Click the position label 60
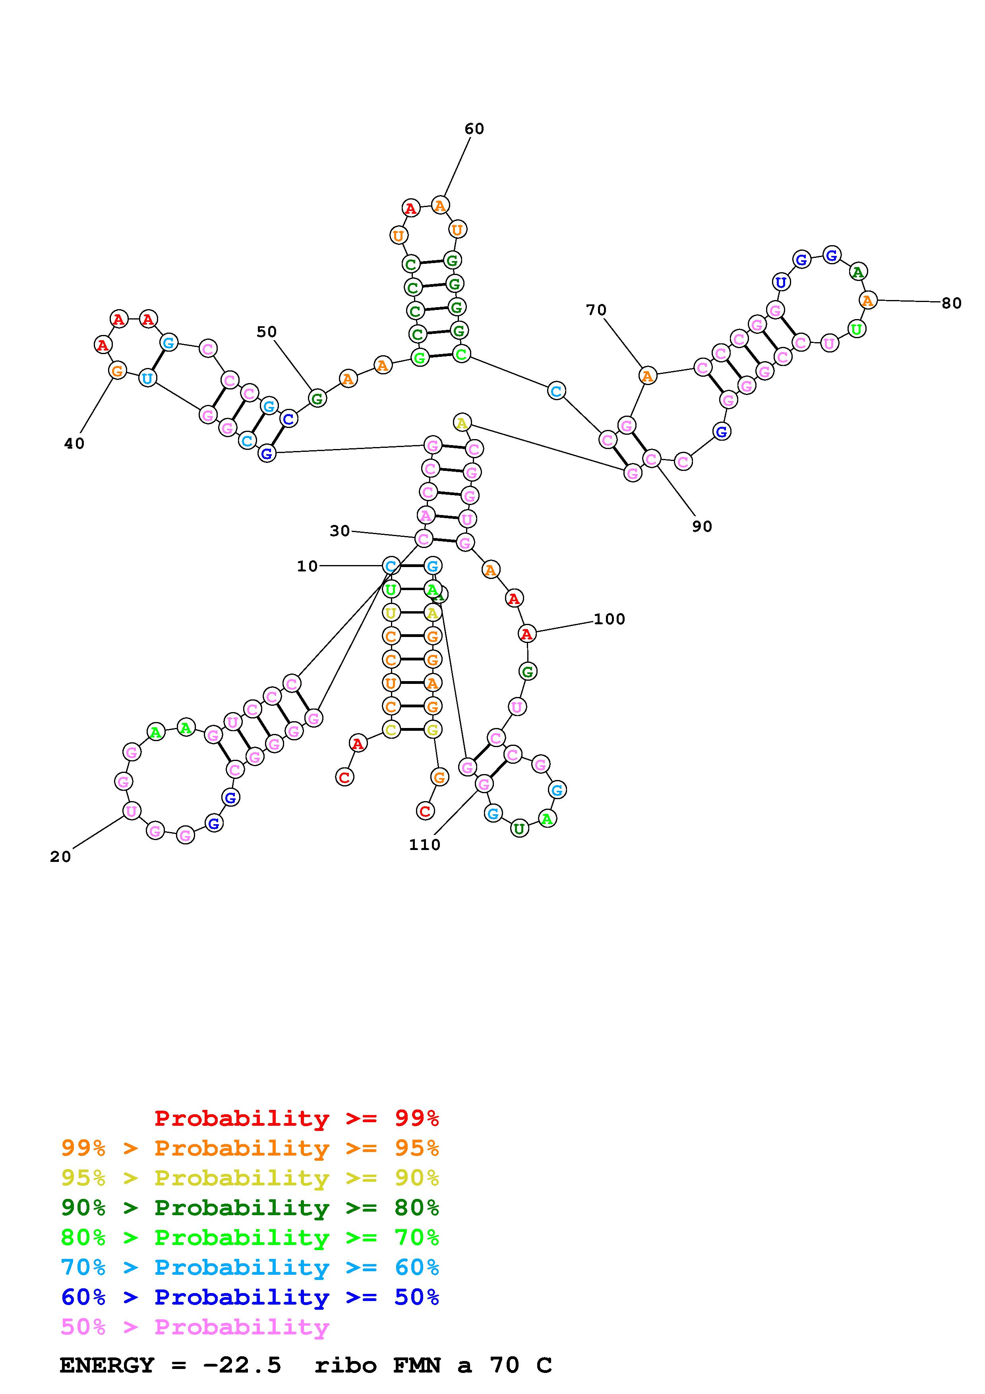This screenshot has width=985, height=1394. coord(474,129)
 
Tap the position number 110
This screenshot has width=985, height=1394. coord(424,844)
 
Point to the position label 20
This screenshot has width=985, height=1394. coord(60,857)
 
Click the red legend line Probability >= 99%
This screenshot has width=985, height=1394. coord(296,1118)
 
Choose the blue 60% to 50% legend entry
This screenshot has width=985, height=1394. coord(250,1297)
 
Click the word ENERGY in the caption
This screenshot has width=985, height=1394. coord(107,1365)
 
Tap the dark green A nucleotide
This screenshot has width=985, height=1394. coord(857,273)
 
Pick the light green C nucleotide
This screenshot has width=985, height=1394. coord(461,354)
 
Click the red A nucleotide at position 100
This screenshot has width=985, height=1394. coord(527,634)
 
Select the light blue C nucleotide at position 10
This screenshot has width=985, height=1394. coord(391,566)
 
